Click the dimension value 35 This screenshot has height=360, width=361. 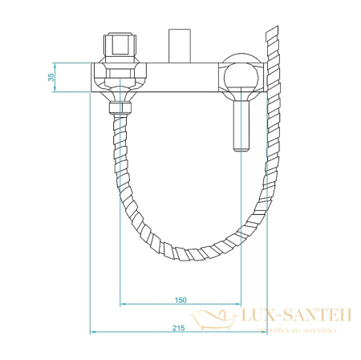(48, 78)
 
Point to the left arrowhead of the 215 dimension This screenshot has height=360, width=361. (93, 332)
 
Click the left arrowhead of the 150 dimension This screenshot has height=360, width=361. (123, 305)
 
